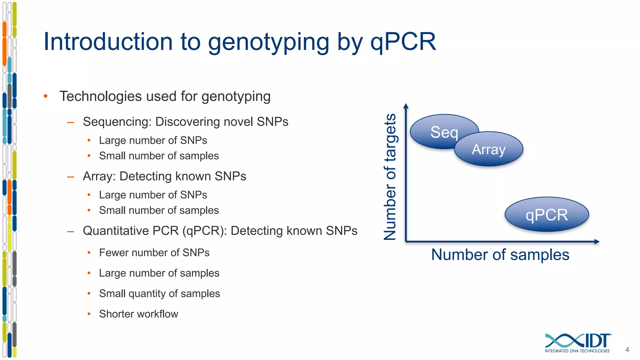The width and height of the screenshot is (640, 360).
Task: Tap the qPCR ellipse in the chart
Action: pyautogui.click(x=547, y=215)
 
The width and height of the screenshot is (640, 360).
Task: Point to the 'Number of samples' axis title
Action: pyautogui.click(x=500, y=254)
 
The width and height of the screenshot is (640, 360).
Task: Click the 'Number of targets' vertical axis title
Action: pyautogui.click(x=390, y=177)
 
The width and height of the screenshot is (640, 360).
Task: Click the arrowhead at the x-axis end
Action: pyautogui.click(x=597, y=242)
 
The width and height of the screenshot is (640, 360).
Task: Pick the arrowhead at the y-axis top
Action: pyautogui.click(x=406, y=106)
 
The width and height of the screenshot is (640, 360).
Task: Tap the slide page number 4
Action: pyautogui.click(x=627, y=350)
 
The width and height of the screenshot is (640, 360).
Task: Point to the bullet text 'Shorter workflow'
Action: pyautogui.click(x=138, y=314)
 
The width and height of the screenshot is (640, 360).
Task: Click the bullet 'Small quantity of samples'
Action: pyautogui.click(x=159, y=293)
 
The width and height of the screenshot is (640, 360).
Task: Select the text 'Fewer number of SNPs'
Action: pyautogui.click(x=154, y=252)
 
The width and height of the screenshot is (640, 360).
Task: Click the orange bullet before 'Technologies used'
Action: pyautogui.click(x=46, y=96)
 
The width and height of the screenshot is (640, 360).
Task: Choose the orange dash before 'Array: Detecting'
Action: pyautogui.click(x=71, y=177)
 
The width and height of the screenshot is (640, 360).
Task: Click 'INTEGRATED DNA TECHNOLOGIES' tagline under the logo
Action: pyautogui.click(x=577, y=351)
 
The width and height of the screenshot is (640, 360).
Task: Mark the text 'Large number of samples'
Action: pyautogui.click(x=159, y=273)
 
